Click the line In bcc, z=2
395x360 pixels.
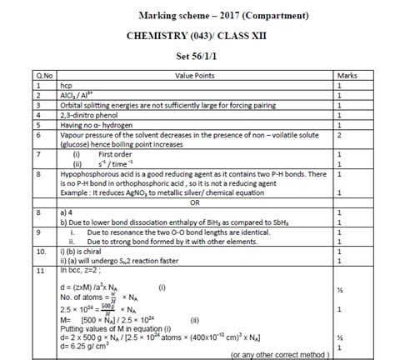pos(81,272)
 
